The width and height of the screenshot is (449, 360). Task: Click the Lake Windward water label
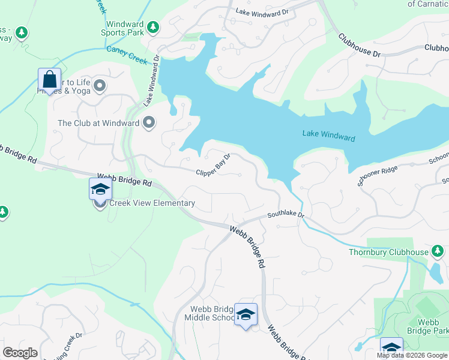[x=328, y=137]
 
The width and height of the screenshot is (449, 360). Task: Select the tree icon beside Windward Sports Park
[x=154, y=27]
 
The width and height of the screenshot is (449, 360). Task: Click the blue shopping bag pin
[x=49, y=79]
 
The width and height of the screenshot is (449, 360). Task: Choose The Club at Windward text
[x=98, y=124]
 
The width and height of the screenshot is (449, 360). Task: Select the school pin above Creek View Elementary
[x=100, y=190]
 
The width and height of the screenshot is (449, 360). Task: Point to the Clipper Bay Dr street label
[x=213, y=166]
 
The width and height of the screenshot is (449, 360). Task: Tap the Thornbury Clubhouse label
[x=389, y=252]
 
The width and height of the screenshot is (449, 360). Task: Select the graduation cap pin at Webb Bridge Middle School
[x=246, y=314]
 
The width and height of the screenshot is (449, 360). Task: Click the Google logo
[x=20, y=353]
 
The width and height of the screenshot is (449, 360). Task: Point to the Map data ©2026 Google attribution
[x=411, y=355]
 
